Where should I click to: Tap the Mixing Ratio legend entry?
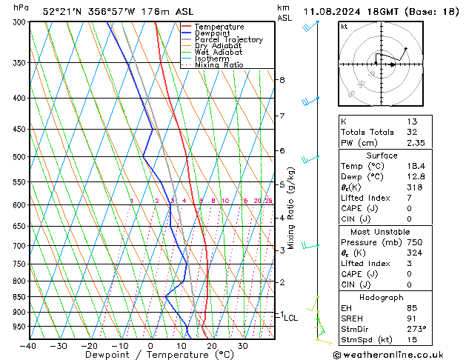click(219, 65)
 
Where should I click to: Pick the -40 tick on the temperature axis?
click(28, 346)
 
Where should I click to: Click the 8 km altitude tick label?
click(282, 80)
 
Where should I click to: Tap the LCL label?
click(291, 318)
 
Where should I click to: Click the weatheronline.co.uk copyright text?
click(398, 354)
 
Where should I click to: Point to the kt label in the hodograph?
click(344, 27)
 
